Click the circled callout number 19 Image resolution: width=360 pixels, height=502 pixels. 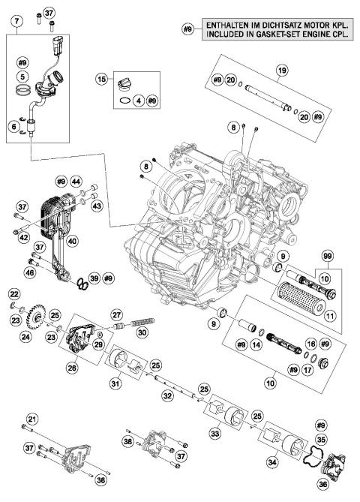pyautogui.click(x=283, y=71)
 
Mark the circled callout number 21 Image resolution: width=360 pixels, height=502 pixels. pyautogui.click(x=31, y=418)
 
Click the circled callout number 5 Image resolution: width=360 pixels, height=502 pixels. pyautogui.click(x=23, y=77)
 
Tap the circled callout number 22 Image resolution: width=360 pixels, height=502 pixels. pyautogui.click(x=13, y=293)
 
